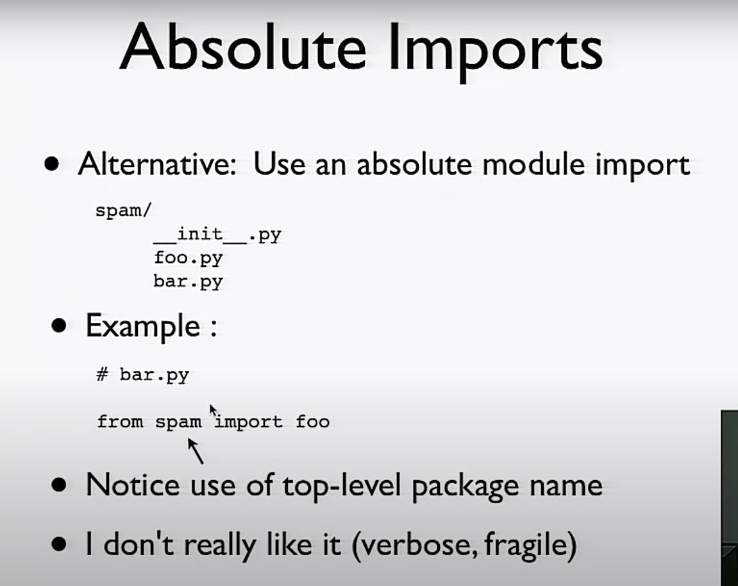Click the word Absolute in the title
[x=244, y=47]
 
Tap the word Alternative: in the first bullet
[x=157, y=164]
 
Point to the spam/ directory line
[x=123, y=211]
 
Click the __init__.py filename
[x=217, y=234]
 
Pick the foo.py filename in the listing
[x=188, y=258]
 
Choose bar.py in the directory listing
[x=188, y=282]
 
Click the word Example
[x=142, y=327]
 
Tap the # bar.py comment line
[x=142, y=375]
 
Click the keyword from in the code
[x=120, y=421]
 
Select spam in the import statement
[x=178, y=422]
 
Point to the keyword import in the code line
[x=249, y=422]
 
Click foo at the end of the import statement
[x=312, y=421]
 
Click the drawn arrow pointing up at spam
[x=196, y=451]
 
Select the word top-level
[x=342, y=486]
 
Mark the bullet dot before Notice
[x=59, y=485]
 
